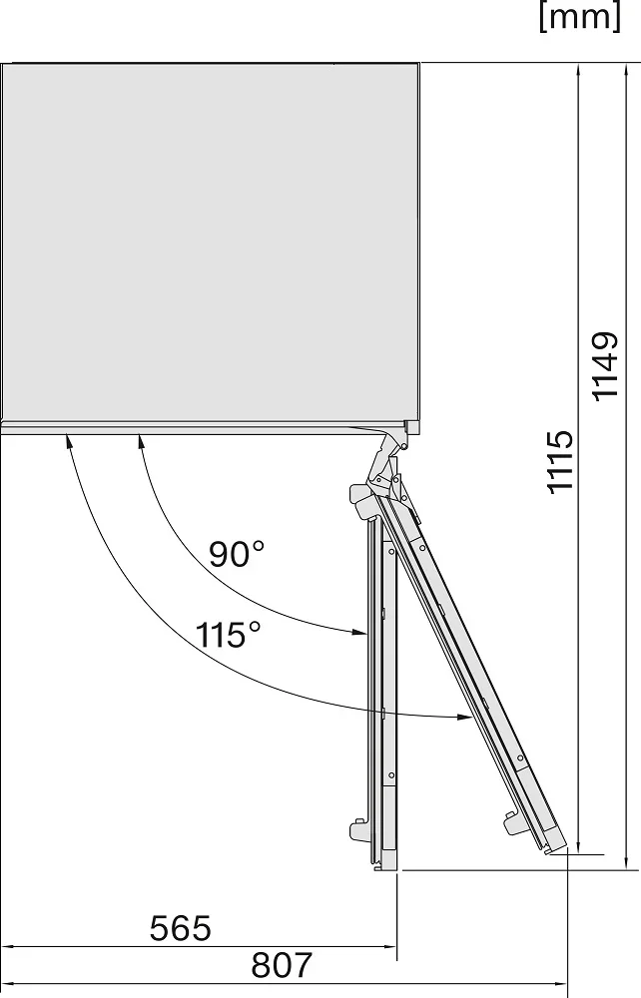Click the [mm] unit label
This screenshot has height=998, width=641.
pyautogui.click(x=579, y=18)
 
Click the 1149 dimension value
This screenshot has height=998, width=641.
pyautogui.click(x=605, y=366)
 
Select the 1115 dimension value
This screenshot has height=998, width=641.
pyautogui.click(x=560, y=462)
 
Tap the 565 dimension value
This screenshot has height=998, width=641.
pyautogui.click(x=180, y=928)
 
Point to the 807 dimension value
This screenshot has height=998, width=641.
pyautogui.click(x=282, y=965)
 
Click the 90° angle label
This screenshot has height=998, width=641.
pyautogui.click(x=237, y=554)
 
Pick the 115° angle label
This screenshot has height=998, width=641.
pyautogui.click(x=228, y=635)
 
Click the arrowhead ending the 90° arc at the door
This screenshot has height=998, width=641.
pyautogui.click(x=358, y=632)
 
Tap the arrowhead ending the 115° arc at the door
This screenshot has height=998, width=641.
pyautogui.click(x=463, y=718)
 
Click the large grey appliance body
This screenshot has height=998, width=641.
pyautogui.click(x=210, y=242)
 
